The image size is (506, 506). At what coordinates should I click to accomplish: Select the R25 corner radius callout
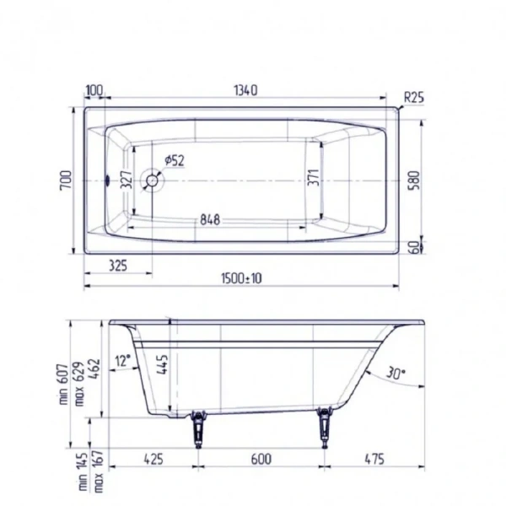pyautogui.click(x=413, y=98)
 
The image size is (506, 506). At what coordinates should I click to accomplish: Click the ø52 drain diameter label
pyautogui.click(x=175, y=160)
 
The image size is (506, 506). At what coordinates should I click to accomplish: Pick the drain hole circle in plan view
pyautogui.click(x=153, y=179)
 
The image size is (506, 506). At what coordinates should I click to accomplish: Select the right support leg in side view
pyautogui.click(x=323, y=426)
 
